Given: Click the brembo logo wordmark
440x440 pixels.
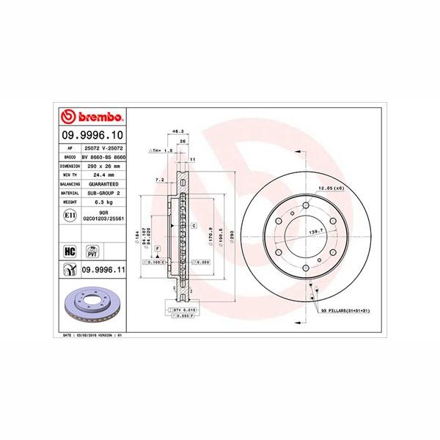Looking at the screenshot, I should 93,117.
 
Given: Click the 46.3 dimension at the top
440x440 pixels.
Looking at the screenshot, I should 177,131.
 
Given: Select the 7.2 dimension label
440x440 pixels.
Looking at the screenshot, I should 159,179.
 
